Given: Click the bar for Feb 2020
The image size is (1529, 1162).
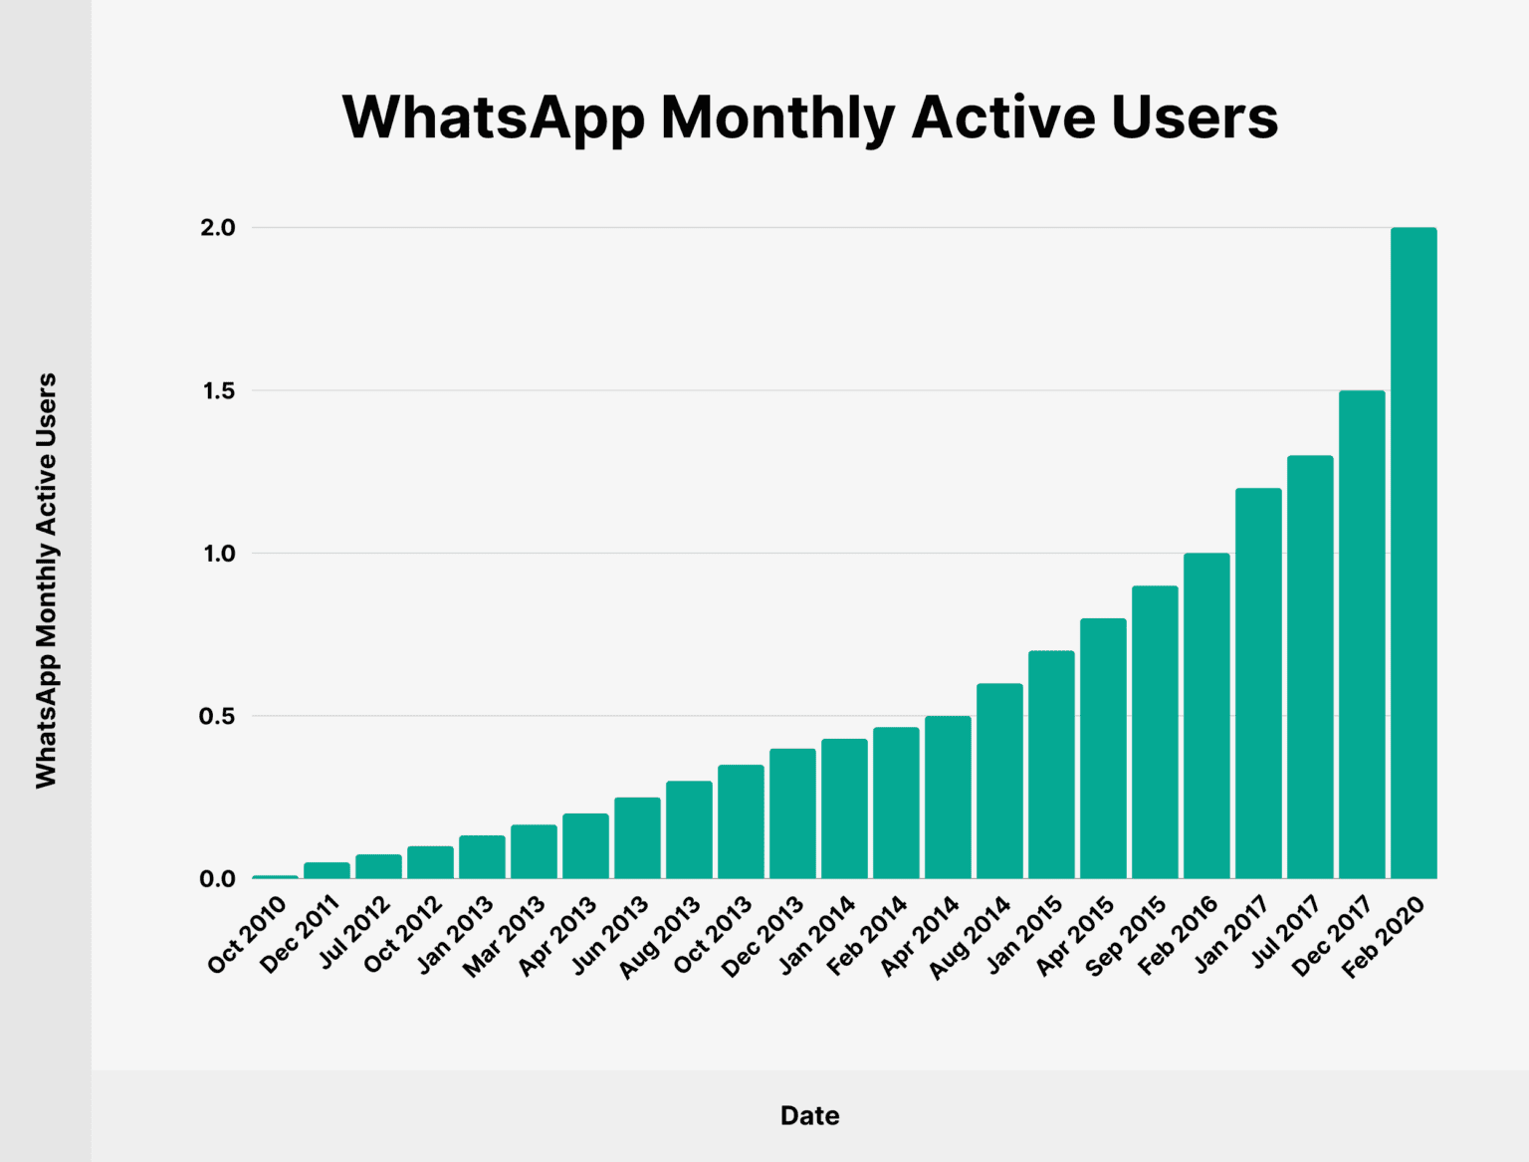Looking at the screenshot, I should pos(1414,554).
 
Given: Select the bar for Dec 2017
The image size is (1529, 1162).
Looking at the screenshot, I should pos(1362,634).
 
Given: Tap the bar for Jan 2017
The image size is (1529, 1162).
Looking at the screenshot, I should pos(1258,683).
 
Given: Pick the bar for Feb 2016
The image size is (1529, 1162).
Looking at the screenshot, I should pos(1206,716).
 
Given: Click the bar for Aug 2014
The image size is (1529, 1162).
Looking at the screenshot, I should pos(999,781).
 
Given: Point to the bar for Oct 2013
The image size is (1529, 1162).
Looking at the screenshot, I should pos(741,821).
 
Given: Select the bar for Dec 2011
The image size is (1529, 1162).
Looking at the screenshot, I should pos(327,870).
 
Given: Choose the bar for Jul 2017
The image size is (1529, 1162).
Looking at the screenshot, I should pos(1310,667).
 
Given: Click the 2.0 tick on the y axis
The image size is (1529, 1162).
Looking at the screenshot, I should pos(218,228).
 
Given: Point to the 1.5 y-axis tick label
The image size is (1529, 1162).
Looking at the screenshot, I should pos(218,391).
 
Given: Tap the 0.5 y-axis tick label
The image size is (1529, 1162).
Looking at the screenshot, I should pos(218,717).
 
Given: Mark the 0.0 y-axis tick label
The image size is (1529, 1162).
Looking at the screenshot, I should pos(218,879).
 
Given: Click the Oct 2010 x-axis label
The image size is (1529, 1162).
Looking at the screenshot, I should pos(248,934).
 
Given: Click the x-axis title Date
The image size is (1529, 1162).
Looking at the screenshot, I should pos(809,1116).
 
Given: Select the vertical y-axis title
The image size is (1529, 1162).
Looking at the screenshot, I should pos(46,581).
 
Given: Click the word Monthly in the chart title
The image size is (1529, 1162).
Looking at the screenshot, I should pos(777,117).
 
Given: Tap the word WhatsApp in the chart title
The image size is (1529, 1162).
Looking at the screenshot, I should pos(494,117).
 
